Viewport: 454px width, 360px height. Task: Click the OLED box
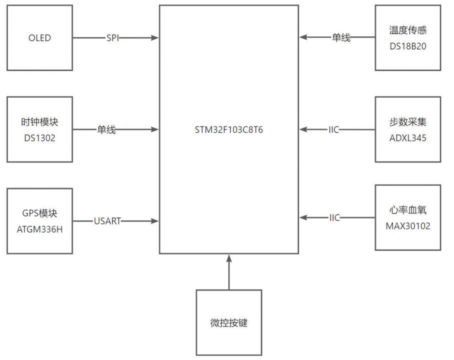click(40, 38)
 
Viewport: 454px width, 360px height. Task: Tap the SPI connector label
click(112, 38)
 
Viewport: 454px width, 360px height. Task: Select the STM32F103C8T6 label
click(229, 130)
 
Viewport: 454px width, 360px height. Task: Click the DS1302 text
click(40, 138)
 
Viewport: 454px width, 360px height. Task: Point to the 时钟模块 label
click(40, 122)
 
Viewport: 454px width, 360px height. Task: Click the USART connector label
click(107, 221)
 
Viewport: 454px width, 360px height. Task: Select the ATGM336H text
click(40, 229)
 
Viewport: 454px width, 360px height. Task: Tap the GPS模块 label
click(40, 213)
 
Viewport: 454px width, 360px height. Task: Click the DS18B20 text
click(407, 46)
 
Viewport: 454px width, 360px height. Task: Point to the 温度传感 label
click(407, 30)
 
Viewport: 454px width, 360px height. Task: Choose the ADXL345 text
click(407, 138)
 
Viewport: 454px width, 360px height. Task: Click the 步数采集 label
click(407, 122)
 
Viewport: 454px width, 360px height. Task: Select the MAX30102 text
click(407, 226)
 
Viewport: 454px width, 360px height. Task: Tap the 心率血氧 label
click(407, 210)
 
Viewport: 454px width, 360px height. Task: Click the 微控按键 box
click(229, 323)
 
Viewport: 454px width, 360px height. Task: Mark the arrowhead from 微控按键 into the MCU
click(229, 258)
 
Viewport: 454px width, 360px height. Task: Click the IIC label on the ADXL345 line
click(334, 130)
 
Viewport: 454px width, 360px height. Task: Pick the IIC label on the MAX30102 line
click(334, 217)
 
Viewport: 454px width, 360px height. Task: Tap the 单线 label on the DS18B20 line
click(341, 37)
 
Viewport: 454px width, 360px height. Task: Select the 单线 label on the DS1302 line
click(106, 130)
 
